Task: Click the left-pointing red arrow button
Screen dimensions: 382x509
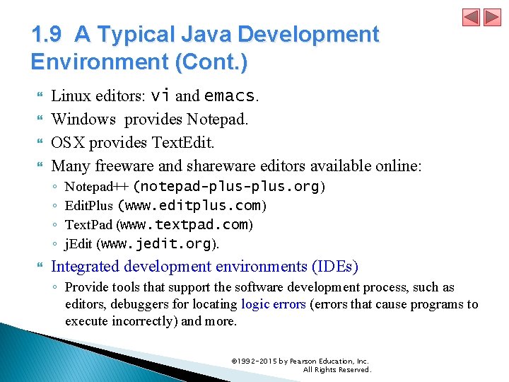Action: pos(472,17)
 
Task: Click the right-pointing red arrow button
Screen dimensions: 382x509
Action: pos(491,17)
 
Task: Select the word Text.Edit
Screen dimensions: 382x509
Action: pos(182,142)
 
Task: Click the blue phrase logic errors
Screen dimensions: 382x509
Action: pos(273,305)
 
